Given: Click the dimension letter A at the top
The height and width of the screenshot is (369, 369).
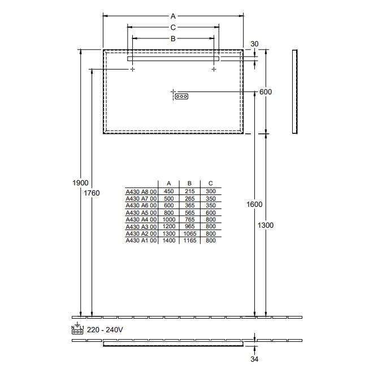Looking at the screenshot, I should click(x=173, y=16).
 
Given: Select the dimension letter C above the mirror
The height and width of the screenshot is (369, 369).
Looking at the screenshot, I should click(x=173, y=27).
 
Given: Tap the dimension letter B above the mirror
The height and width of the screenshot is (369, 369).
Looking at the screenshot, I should click(x=173, y=38).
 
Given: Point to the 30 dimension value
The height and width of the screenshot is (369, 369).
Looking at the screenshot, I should click(x=254, y=44).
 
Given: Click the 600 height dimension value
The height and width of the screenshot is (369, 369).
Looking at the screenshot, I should click(x=266, y=92).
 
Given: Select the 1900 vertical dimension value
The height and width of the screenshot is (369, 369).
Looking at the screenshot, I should click(x=81, y=183).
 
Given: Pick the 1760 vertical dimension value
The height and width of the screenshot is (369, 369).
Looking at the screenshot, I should click(x=92, y=193).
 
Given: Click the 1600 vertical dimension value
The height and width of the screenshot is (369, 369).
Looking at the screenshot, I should click(x=254, y=204).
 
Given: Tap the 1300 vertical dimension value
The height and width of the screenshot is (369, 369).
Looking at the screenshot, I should click(x=265, y=225).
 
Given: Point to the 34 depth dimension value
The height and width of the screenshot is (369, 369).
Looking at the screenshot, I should click(x=254, y=358).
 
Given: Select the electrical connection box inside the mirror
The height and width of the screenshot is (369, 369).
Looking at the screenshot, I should click(x=181, y=96).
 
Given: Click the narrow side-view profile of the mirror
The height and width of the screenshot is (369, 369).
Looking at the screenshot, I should click(x=294, y=92).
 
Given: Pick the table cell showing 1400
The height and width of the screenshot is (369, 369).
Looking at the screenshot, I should click(x=168, y=241).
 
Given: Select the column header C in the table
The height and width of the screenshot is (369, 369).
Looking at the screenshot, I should click(x=210, y=184).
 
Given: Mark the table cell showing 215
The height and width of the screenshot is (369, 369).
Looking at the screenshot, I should click(x=189, y=192).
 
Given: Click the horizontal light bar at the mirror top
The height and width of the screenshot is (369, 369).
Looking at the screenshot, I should click(x=173, y=58).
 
